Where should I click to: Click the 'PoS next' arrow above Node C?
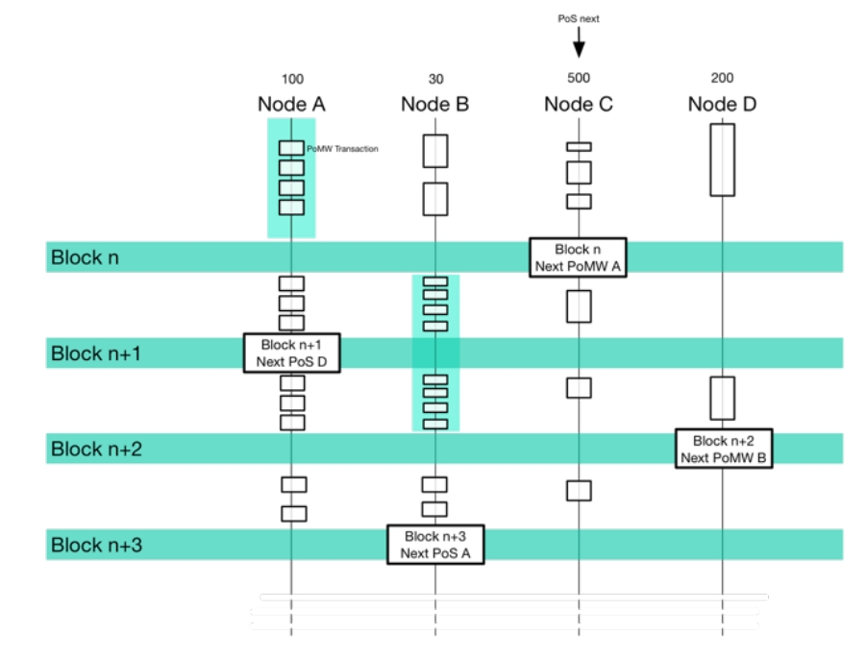[579, 42]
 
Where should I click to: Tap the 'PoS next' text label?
[579, 17]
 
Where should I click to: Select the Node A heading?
[290, 104]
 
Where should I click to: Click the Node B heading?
[434, 104]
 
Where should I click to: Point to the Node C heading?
[579, 104]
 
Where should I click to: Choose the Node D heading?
[722, 104]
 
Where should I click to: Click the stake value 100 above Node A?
[291, 79]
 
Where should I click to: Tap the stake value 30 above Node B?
[435, 79]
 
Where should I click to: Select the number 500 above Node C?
[579, 79]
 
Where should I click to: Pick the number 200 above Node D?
[722, 79]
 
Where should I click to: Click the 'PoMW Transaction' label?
[342, 149]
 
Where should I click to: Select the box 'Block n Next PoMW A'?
[578, 256]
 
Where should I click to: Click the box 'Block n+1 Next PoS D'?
[291, 353]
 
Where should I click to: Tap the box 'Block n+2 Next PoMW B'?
[723, 449]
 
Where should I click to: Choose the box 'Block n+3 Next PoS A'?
[434, 545]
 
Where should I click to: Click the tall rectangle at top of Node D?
[722, 159]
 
